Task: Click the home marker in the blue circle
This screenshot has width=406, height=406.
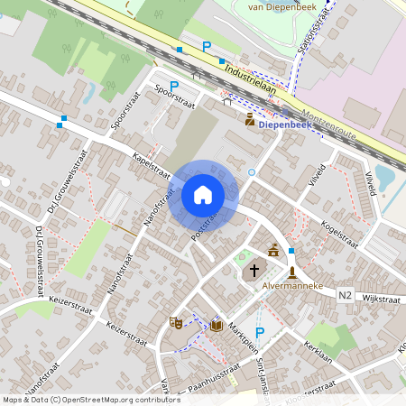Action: point(203,195)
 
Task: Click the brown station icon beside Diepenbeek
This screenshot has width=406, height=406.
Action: point(250,118)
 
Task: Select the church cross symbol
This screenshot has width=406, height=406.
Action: point(254,270)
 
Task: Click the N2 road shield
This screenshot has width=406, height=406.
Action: point(346,294)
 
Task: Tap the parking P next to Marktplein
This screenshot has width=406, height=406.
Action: point(260,333)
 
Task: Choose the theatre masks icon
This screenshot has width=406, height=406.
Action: point(176,322)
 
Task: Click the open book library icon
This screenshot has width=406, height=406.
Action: point(217,325)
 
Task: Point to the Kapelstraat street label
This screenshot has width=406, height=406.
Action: point(151,164)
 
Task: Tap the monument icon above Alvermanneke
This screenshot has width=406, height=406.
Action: point(292,272)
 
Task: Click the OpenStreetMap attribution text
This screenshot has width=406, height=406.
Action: point(90,399)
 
